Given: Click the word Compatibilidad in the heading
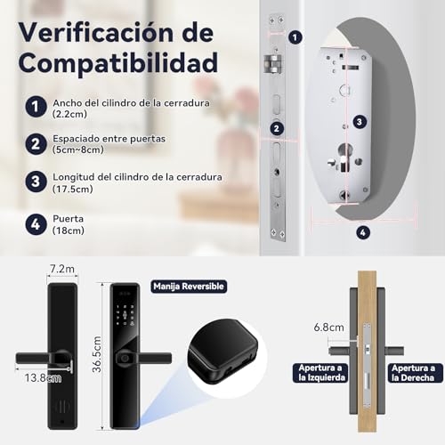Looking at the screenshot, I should coord(117,64).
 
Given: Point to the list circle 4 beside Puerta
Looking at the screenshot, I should coord(34,222).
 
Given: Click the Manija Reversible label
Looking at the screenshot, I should coord(189,287).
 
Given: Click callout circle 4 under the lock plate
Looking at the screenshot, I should coord(363,232).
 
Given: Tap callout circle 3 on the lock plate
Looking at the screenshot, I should coord(359,121).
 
